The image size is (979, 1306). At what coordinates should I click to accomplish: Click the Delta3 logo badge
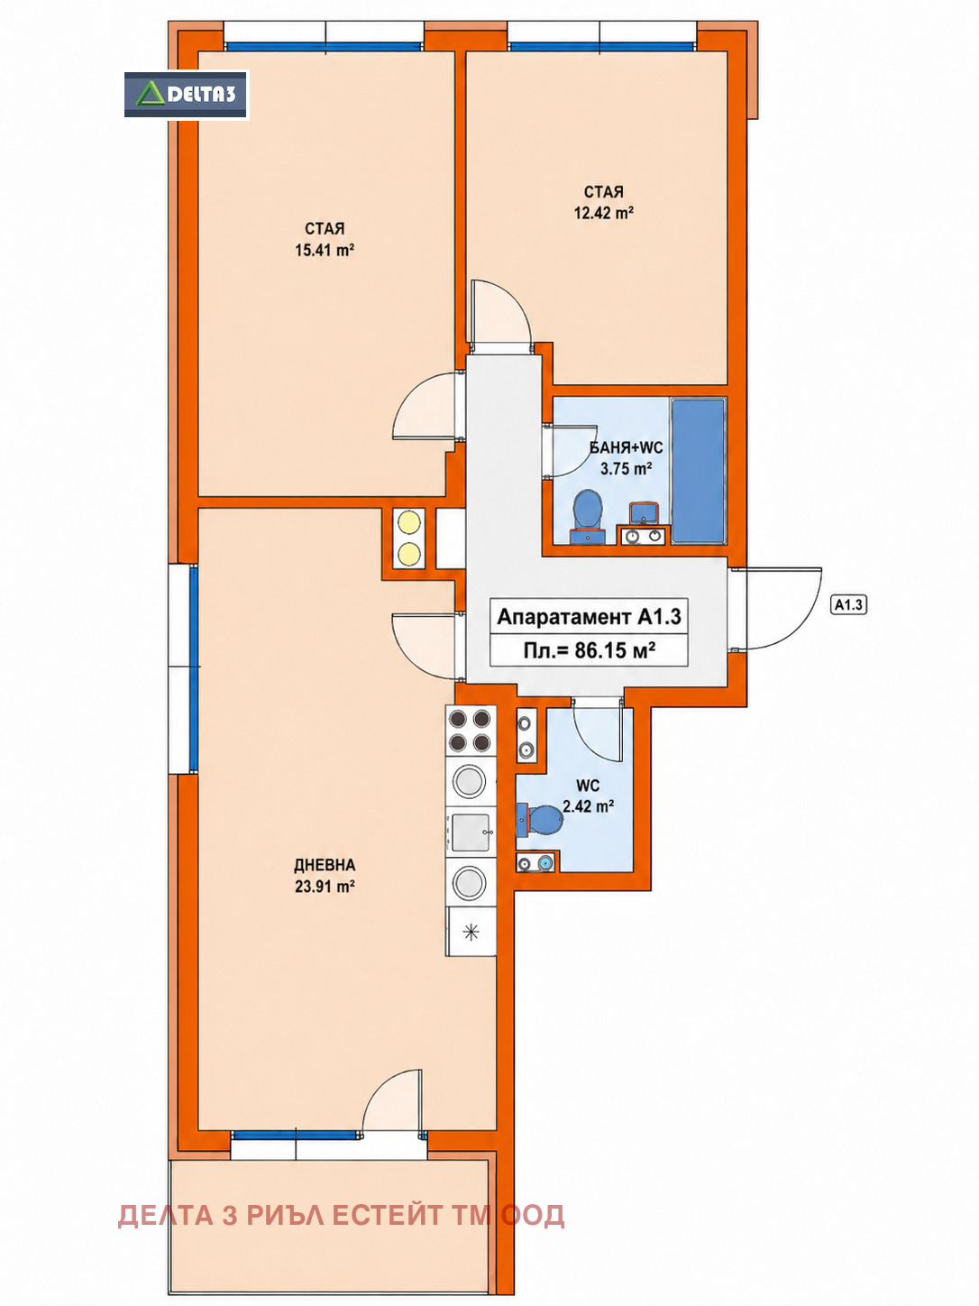(x=186, y=95)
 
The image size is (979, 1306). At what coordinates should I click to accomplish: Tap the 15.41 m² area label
(x=325, y=251)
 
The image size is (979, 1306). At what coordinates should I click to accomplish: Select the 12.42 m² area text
(x=603, y=213)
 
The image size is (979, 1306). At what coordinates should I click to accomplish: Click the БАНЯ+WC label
(x=626, y=448)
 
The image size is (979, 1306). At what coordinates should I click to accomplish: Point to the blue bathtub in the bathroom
(x=699, y=470)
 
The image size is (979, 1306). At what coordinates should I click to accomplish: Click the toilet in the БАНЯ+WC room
(x=587, y=517)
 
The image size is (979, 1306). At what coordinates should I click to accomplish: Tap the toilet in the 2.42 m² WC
(x=540, y=820)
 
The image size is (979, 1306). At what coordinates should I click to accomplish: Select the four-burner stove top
(x=471, y=731)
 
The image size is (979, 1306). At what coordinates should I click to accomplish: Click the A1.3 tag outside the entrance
(x=847, y=605)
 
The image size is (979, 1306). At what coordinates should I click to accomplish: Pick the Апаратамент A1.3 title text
(x=589, y=616)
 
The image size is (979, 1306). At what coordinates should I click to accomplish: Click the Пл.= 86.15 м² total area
(x=589, y=650)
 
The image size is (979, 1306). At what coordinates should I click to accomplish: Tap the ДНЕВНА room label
(x=325, y=865)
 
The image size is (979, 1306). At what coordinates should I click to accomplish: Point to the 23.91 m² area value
(x=325, y=888)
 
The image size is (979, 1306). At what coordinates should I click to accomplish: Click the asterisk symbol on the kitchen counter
(x=471, y=933)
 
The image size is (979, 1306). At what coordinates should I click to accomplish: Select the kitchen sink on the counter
(x=471, y=832)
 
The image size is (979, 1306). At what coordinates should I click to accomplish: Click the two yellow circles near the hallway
(x=409, y=538)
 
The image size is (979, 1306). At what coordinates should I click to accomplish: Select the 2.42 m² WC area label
(x=588, y=807)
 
